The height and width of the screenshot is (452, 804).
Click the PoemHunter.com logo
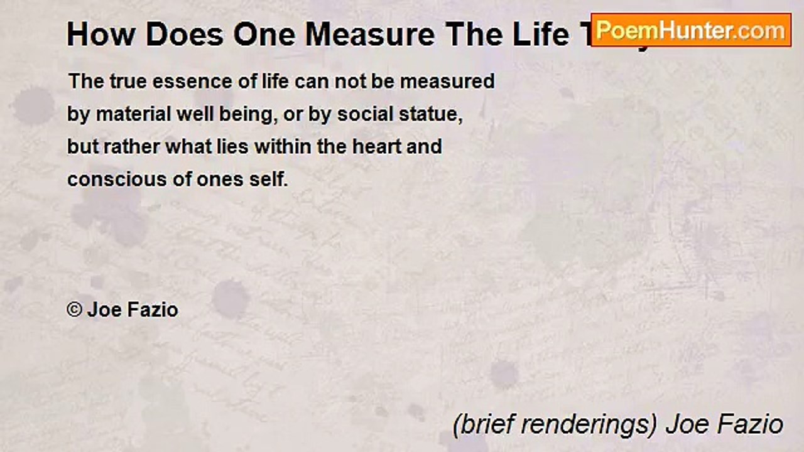691,30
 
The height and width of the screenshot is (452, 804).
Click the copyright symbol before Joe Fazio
74,310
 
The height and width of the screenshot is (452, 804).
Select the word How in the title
92,35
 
